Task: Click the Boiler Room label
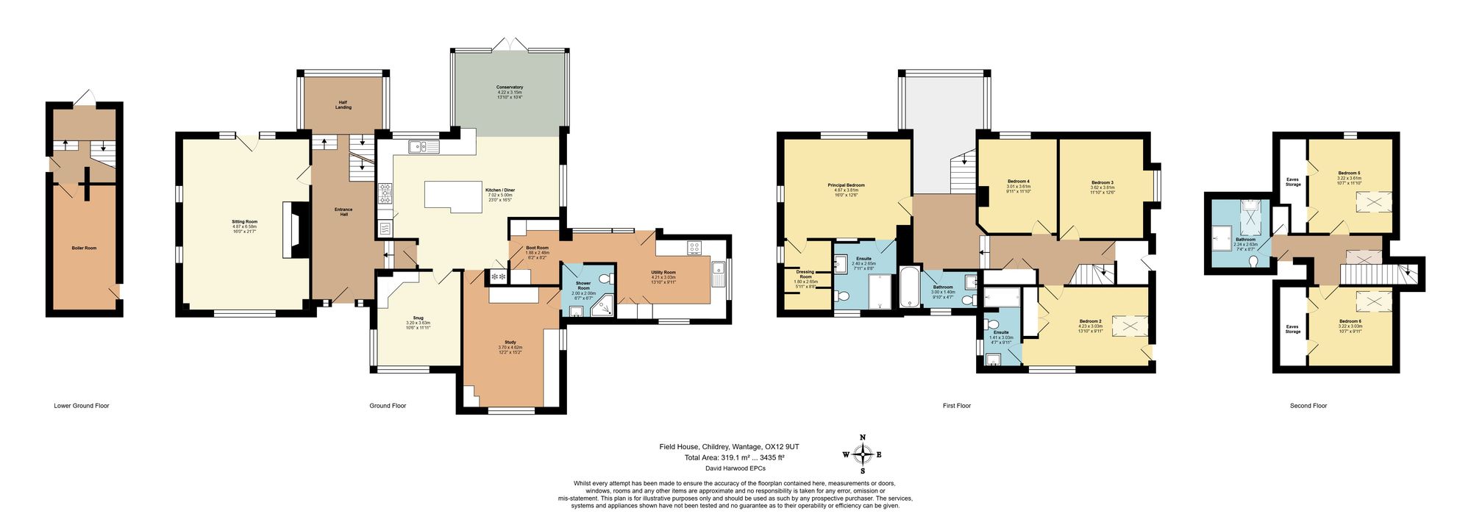84,249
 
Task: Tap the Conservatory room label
510,87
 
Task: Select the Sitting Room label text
245,222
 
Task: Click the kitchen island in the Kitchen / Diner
452,196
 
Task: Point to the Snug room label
418,318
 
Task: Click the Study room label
510,343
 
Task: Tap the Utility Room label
663,273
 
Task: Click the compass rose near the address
862,454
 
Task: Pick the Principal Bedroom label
846,185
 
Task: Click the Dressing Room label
805,274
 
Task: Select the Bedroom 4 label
1018,182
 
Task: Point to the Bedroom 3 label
1102,182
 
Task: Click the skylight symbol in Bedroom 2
1129,326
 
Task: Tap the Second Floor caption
1308,406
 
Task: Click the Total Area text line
734,457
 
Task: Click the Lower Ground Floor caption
82,406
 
